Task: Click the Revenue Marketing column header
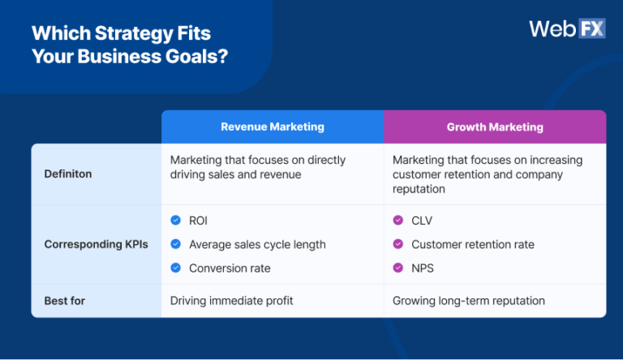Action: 272,127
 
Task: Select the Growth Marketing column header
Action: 495,127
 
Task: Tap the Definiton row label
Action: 68,174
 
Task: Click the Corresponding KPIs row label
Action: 96,244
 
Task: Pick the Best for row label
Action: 64,301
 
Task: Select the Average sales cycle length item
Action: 257,244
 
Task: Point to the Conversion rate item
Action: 230,268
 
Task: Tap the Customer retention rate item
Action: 473,244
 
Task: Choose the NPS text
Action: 423,268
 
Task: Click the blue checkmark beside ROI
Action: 175,220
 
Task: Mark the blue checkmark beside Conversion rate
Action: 175,268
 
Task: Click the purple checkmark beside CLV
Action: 397,220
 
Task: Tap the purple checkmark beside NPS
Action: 397,268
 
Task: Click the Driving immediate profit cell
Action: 231,301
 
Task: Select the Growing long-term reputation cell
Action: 469,301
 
